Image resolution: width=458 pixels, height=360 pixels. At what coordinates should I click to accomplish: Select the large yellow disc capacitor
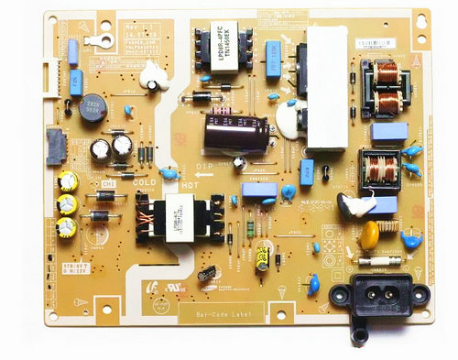[370, 235]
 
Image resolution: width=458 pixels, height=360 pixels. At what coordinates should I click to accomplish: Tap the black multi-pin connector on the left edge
[55, 146]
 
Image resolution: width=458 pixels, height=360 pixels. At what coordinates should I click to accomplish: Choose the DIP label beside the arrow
[206, 167]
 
